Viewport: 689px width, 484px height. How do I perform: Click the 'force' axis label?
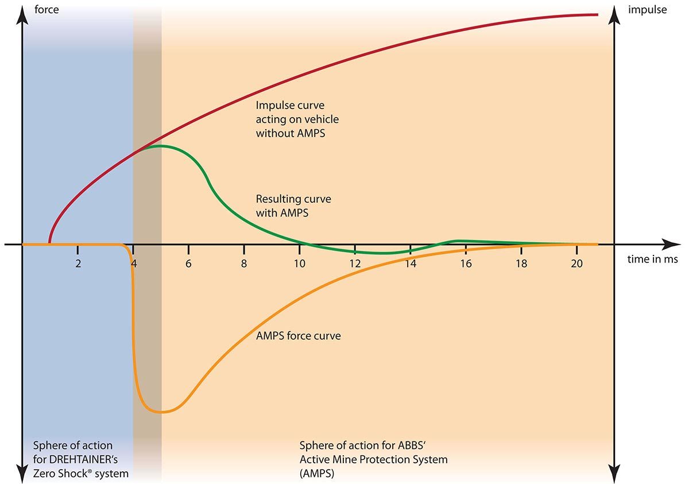pyautogui.click(x=47, y=10)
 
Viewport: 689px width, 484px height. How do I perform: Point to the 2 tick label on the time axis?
pyautogui.click(x=78, y=264)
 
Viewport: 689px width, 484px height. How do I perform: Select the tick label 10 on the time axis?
pyautogui.click(x=300, y=264)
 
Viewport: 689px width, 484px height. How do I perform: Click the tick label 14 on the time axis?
pyautogui.click(x=411, y=264)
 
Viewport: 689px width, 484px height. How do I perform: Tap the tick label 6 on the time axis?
pyautogui.click(x=189, y=264)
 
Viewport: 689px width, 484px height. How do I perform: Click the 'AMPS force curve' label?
pyautogui.click(x=298, y=336)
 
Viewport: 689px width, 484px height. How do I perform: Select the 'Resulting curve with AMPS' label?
pyautogui.click(x=293, y=206)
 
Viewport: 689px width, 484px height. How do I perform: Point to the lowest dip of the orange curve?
pyautogui.click(x=162, y=412)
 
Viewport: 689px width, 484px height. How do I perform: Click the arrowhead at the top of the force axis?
pyautogui.click(x=22, y=13)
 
